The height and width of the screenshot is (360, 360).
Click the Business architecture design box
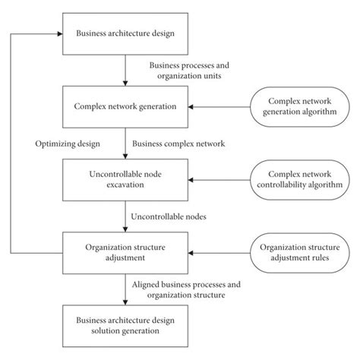pos(125,34)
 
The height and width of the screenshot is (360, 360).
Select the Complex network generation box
pos(125,106)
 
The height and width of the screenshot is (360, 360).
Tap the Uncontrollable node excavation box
pos(125,179)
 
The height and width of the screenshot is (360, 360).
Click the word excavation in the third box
pos(125,185)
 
